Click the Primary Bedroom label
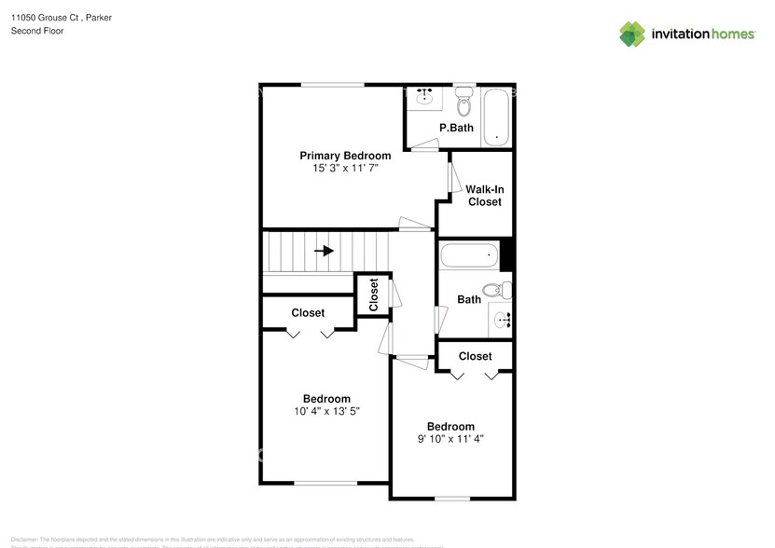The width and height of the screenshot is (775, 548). point(344,156)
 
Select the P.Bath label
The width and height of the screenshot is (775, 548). point(456,128)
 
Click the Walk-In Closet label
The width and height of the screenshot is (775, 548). point(484,196)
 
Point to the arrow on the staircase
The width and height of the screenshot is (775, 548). point(325,251)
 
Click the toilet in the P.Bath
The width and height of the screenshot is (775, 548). point(464,102)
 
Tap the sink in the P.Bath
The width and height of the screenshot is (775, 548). point(427,97)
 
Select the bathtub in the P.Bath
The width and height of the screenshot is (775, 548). point(497,116)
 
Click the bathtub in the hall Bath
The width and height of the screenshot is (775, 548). point(469,254)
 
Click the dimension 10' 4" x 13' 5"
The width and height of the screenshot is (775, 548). point(325,411)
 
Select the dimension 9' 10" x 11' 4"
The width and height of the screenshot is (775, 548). point(450,439)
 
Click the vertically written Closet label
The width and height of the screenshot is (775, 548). point(374,295)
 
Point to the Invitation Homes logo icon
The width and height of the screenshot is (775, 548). point(633,34)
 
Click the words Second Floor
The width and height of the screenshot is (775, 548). point(37,31)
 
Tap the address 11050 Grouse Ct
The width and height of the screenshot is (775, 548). point(46,16)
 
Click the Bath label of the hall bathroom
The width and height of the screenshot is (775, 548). point(469,300)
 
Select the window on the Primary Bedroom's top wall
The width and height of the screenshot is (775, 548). point(332,85)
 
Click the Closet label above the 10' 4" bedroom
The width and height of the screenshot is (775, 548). point(308,313)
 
